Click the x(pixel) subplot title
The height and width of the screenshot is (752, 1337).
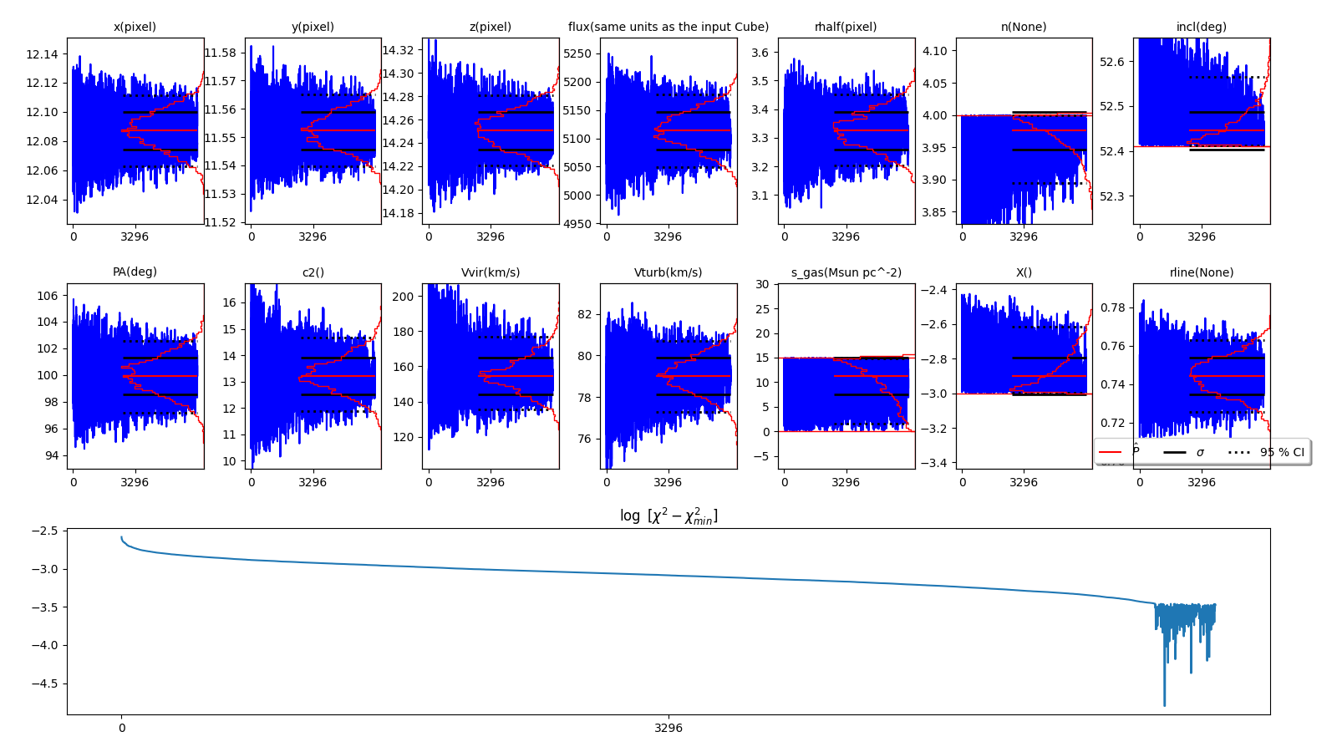click(135, 27)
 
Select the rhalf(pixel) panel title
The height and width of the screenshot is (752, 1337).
click(846, 27)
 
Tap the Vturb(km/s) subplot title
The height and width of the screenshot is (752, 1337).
click(668, 272)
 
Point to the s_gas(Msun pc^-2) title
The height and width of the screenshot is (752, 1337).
click(846, 272)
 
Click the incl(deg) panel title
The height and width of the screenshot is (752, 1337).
click(1201, 27)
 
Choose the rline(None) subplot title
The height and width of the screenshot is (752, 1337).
click(1201, 272)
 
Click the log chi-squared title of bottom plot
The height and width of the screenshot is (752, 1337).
click(668, 516)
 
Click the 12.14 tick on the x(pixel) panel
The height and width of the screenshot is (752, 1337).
click(42, 54)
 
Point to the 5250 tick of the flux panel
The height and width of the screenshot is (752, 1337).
click(577, 53)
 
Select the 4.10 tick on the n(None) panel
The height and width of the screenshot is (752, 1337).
click(934, 51)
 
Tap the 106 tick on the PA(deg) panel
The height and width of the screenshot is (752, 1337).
click(48, 296)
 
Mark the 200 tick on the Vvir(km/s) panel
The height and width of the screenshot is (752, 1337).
click(403, 297)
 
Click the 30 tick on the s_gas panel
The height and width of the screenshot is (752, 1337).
click(762, 284)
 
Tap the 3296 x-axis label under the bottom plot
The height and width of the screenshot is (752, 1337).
click(668, 728)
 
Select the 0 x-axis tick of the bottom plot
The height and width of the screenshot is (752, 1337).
click(122, 728)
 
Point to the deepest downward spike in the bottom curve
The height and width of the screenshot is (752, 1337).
click(1164, 704)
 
